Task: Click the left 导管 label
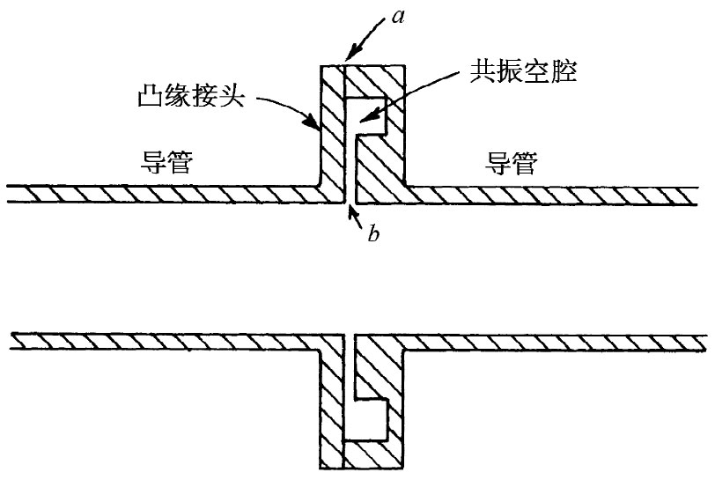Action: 166,163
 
